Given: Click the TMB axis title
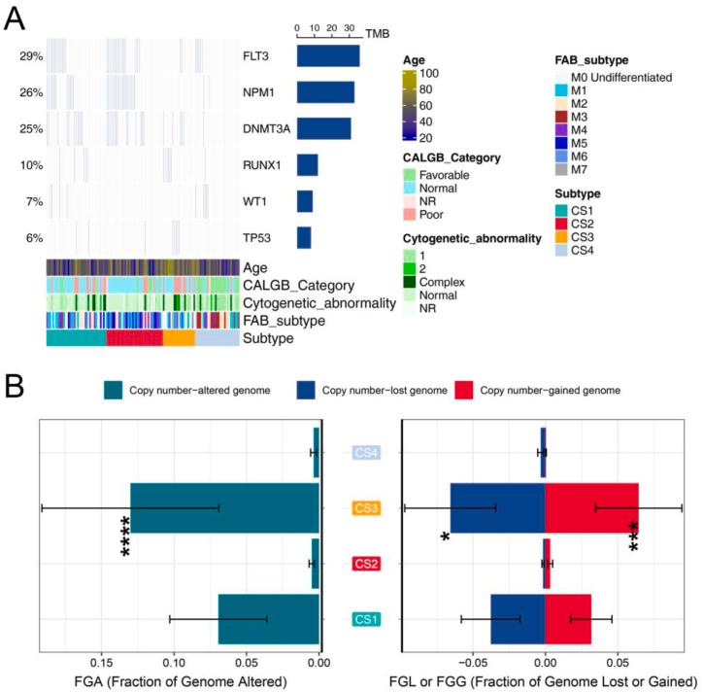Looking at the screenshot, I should coord(377,32).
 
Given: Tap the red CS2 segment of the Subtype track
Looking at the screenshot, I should coord(134,338).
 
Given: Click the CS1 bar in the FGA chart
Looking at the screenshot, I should coord(269,618).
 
